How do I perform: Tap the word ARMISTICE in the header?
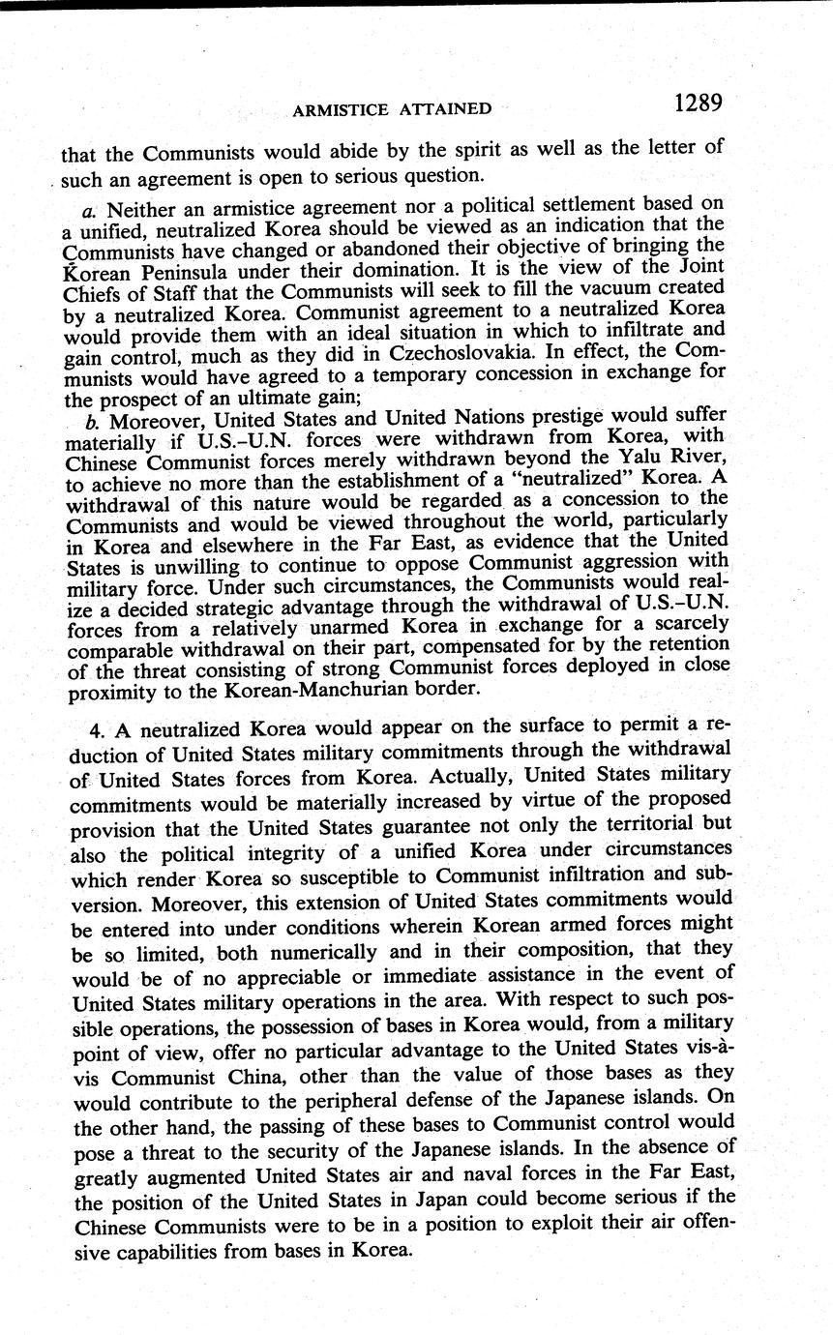point(341,109)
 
